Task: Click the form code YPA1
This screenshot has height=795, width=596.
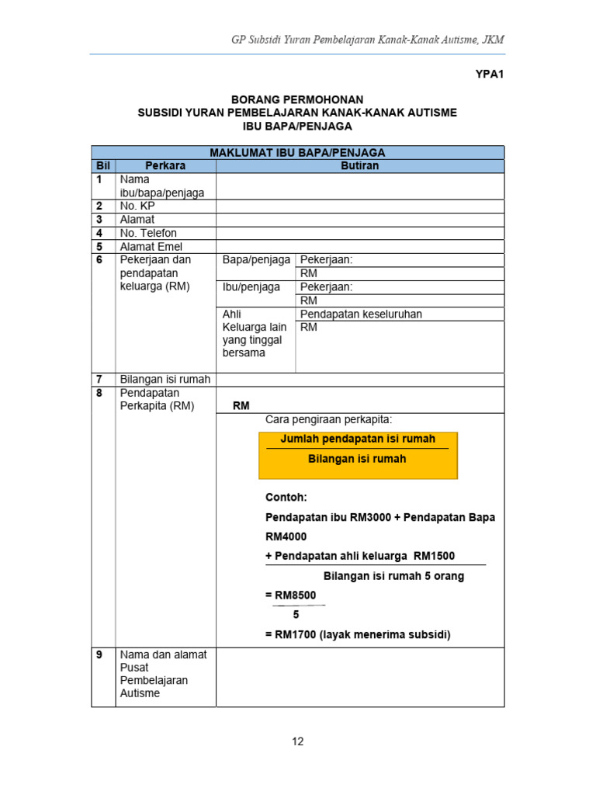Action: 489,75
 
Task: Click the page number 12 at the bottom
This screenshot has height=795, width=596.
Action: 298,741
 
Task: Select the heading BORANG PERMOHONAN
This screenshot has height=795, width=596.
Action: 297,100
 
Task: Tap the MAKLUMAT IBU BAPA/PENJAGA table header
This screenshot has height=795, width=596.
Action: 297,153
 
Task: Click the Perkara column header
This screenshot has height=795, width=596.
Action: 165,166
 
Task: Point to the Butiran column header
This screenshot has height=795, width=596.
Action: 359,166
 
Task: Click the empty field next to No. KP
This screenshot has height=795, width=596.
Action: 359,207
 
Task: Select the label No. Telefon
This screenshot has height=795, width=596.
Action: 148,233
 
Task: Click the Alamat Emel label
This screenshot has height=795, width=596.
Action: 151,247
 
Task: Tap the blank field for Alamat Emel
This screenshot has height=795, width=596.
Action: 359,247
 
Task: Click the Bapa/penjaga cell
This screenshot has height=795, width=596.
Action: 256,260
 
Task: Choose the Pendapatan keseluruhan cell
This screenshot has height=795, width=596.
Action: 361,314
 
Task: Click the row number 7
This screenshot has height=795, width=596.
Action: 99,380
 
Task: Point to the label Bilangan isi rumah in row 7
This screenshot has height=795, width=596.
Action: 165,380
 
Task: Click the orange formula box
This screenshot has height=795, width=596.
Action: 358,456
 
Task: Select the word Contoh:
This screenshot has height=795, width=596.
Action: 286,497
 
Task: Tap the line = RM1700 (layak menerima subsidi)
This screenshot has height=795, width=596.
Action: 358,634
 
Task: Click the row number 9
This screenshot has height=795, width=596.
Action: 99,654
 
